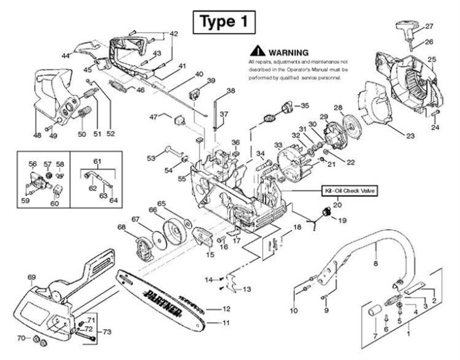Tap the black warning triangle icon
pos(257,51)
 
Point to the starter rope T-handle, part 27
pos(407,29)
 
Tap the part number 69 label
pos(32,277)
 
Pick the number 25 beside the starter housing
pos(431,60)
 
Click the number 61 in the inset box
pos(97,161)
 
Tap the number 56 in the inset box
pos(33,164)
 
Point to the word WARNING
pos(288,51)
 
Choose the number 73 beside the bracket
pos(107,331)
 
